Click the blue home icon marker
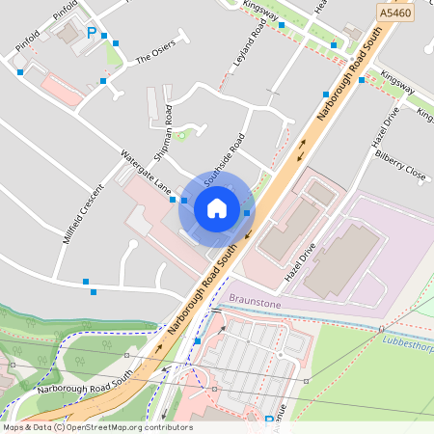(x=217, y=208)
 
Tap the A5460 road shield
(x=393, y=14)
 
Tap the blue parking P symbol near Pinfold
(x=92, y=33)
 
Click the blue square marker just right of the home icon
(x=248, y=213)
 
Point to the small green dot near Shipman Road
(x=180, y=134)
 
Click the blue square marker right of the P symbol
(x=117, y=43)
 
